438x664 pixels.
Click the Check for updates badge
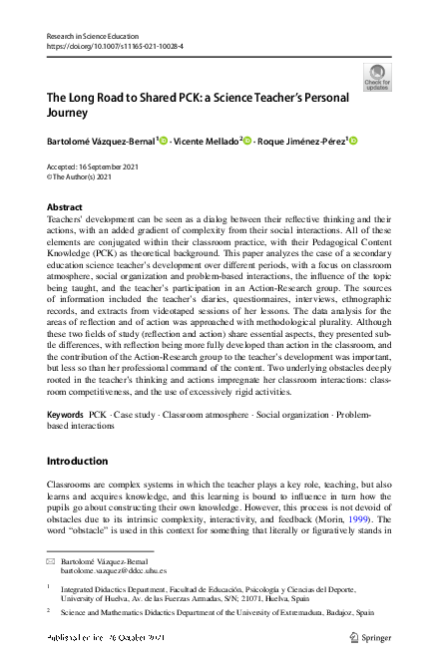[378, 77]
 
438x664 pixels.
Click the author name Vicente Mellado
[206, 142]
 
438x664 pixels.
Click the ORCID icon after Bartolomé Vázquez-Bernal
[163, 142]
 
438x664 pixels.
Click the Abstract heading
[65, 206]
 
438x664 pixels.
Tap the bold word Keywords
[65, 414]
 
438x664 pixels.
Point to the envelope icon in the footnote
[52, 563]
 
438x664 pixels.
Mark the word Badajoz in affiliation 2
[334, 613]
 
